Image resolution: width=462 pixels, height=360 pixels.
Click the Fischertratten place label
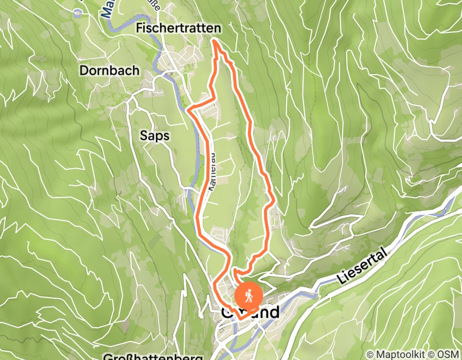[x=179, y=29]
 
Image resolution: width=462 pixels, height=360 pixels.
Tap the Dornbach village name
[x=109, y=70]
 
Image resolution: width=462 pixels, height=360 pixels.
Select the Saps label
[x=154, y=135]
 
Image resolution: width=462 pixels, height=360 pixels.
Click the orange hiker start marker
[x=249, y=296]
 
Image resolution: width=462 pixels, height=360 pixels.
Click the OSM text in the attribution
[x=448, y=354]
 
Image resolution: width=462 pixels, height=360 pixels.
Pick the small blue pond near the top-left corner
[x=77, y=13]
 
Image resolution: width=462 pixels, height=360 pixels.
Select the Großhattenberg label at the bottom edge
[x=154, y=356]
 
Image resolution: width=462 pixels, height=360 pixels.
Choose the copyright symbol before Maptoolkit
[x=370, y=354]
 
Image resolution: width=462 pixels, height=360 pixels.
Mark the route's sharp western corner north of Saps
[x=189, y=109]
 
